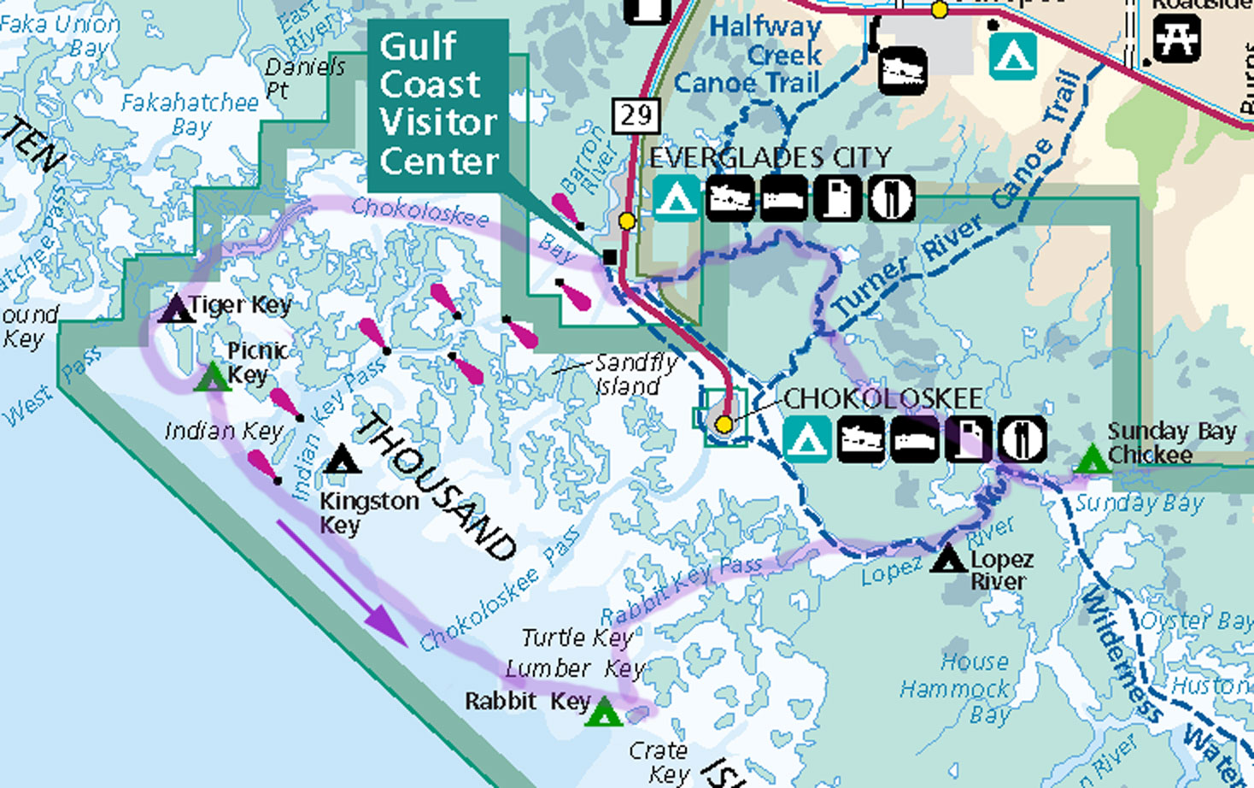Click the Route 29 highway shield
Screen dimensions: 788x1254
tap(636, 115)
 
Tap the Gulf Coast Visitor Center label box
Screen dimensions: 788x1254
tap(438, 104)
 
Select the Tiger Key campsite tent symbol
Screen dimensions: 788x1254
tap(177, 309)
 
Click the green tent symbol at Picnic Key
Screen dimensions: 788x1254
tap(212, 377)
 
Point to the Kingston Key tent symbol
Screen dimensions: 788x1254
tap(343, 460)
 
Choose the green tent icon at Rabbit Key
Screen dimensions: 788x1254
tap(604, 711)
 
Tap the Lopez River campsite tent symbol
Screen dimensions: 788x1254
tap(947, 560)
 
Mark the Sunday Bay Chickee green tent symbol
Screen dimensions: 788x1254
tap(1091, 460)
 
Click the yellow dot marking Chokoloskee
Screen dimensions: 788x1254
tap(724, 424)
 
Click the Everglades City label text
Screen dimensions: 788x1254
tap(770, 157)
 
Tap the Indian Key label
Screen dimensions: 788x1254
tap(223, 432)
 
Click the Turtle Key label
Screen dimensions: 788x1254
tap(577, 638)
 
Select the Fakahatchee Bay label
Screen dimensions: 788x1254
tap(190, 115)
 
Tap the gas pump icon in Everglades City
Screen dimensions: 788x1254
tap(837, 198)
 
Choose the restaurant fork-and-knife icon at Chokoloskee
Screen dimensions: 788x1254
tap(1022, 439)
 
